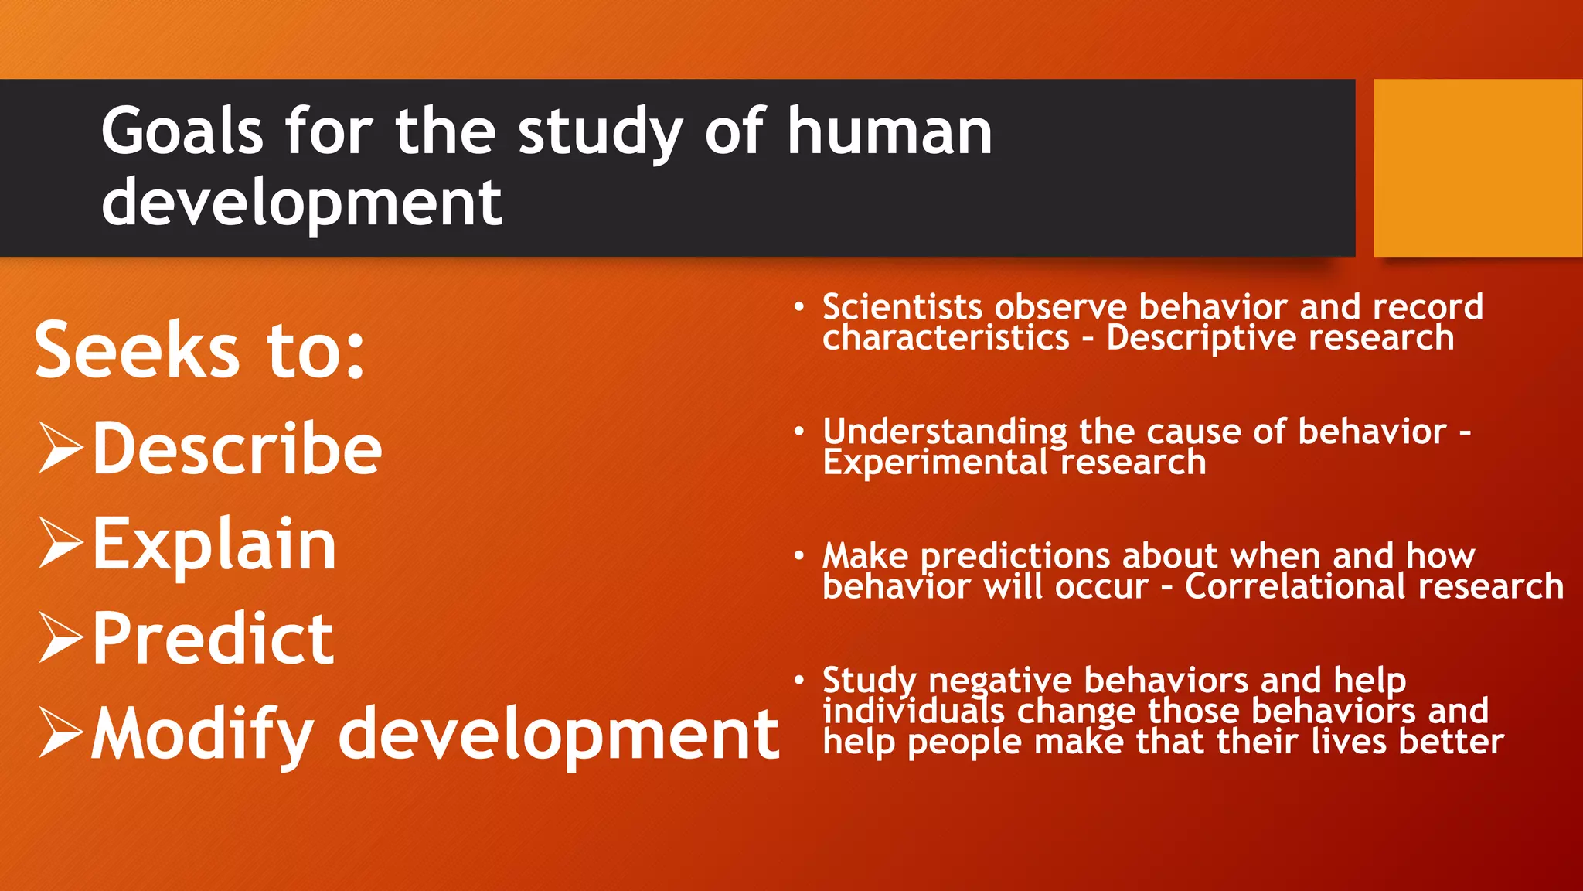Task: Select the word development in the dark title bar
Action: pos(301,203)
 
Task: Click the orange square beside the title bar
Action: pos(1478,168)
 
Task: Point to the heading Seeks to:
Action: pos(199,350)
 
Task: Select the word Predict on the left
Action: pos(213,639)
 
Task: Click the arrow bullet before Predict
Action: pos(60,639)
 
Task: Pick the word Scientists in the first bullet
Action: pos(902,307)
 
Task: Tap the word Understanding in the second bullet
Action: pos(945,432)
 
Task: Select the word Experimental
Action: pos(934,463)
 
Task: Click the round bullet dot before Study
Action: pos(799,680)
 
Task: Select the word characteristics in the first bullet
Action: pos(946,338)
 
